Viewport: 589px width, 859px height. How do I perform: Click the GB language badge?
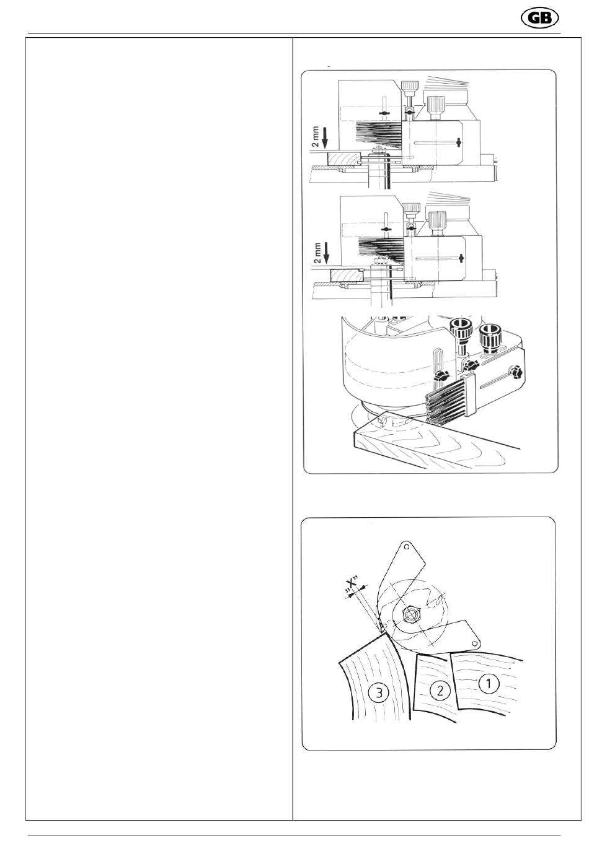(539, 18)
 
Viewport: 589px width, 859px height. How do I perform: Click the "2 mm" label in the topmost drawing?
(315, 137)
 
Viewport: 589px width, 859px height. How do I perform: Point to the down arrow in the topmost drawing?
(325, 139)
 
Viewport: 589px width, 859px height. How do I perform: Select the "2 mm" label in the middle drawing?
(317, 253)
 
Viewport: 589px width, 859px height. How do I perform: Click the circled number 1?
(489, 683)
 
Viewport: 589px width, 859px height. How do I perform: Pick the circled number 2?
(440, 691)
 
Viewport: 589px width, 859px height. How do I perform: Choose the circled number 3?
(378, 692)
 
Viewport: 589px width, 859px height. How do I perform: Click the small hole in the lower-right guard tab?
(475, 643)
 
